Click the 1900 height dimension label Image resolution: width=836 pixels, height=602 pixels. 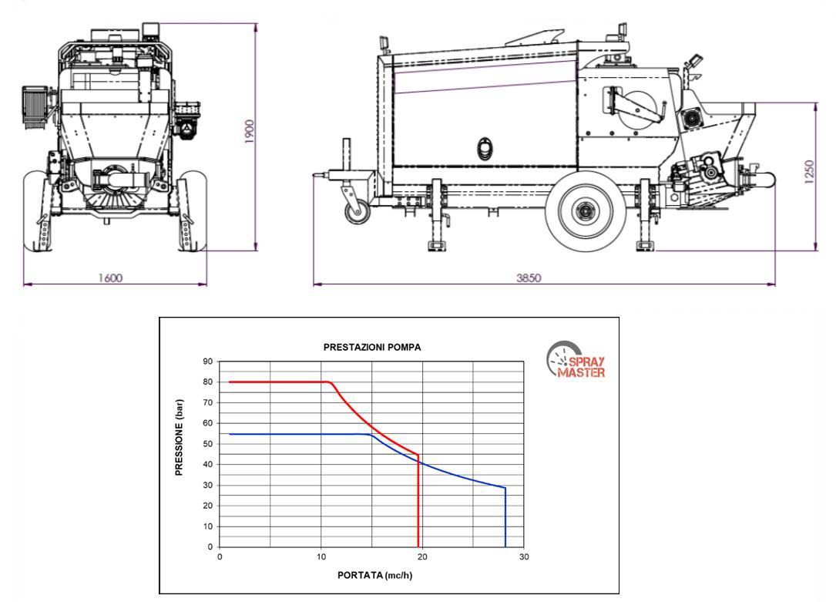[250, 131]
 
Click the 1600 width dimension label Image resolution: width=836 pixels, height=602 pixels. [110, 277]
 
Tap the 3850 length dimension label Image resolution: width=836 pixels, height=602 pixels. [529, 277]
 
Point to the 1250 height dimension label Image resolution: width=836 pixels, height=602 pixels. [809, 172]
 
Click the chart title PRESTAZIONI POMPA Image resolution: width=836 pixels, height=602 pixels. [372, 347]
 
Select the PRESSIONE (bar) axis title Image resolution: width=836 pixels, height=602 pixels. [179, 437]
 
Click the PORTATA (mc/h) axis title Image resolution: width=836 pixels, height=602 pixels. [374, 575]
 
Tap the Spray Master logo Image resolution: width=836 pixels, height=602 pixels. [576, 361]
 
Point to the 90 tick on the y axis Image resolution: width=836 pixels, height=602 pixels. [207, 362]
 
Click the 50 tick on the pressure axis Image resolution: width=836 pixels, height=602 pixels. [207, 444]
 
